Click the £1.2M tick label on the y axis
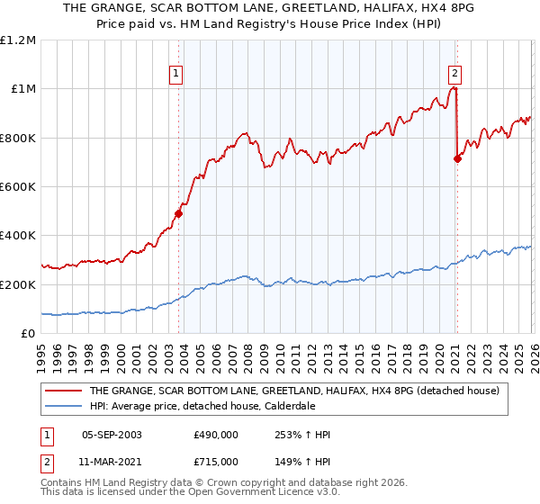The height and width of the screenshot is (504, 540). coord(18,40)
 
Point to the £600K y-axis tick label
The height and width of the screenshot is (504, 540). coord(18,187)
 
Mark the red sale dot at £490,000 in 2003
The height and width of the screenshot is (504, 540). coord(178,214)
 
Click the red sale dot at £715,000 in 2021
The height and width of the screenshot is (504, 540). coord(457,159)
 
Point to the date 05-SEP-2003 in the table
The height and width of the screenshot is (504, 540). coord(112,435)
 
